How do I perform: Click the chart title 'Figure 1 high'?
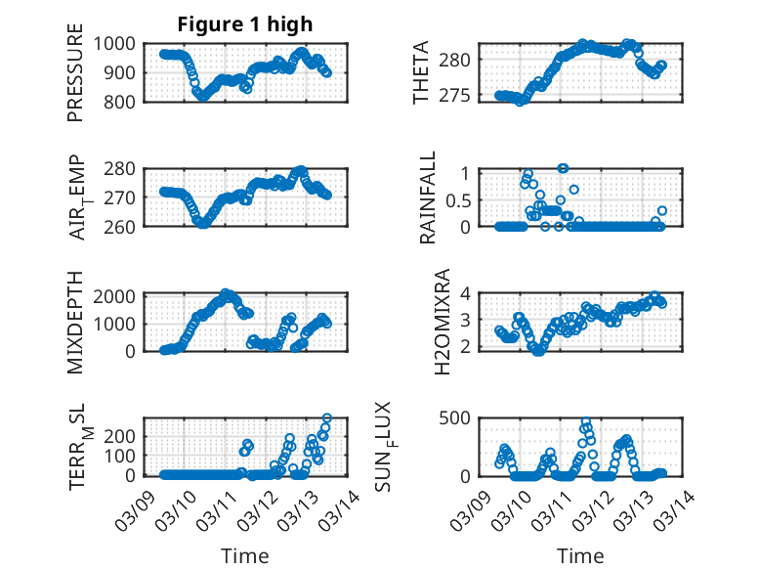click(245, 24)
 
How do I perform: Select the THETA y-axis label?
click(421, 73)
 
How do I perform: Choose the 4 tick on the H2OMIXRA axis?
click(466, 293)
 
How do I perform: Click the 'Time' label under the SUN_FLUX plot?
click(580, 555)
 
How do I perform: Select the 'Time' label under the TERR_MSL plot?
click(245, 555)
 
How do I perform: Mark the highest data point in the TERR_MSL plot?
click(326, 418)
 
